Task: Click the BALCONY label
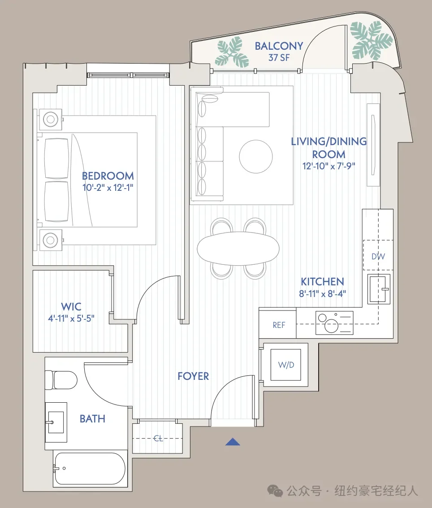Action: (x=279, y=46)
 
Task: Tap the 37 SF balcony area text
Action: (x=279, y=58)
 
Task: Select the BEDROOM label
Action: (x=108, y=176)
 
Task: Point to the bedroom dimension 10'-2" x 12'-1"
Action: (x=108, y=188)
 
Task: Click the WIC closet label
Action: (x=71, y=306)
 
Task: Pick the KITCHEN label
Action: (x=322, y=281)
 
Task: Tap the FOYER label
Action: (x=193, y=376)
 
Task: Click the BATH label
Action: (x=92, y=418)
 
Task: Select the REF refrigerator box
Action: (x=277, y=324)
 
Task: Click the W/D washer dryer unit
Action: (x=286, y=365)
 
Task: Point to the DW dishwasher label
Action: (x=378, y=257)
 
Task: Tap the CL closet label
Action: (x=158, y=439)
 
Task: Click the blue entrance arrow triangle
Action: (x=233, y=442)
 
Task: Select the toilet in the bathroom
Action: (x=61, y=380)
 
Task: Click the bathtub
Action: (x=90, y=469)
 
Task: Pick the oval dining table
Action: (x=238, y=248)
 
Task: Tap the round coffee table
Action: (x=256, y=156)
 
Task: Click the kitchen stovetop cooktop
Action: (x=334, y=323)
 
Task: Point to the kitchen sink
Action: (x=379, y=288)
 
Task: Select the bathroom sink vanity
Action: (x=56, y=422)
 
